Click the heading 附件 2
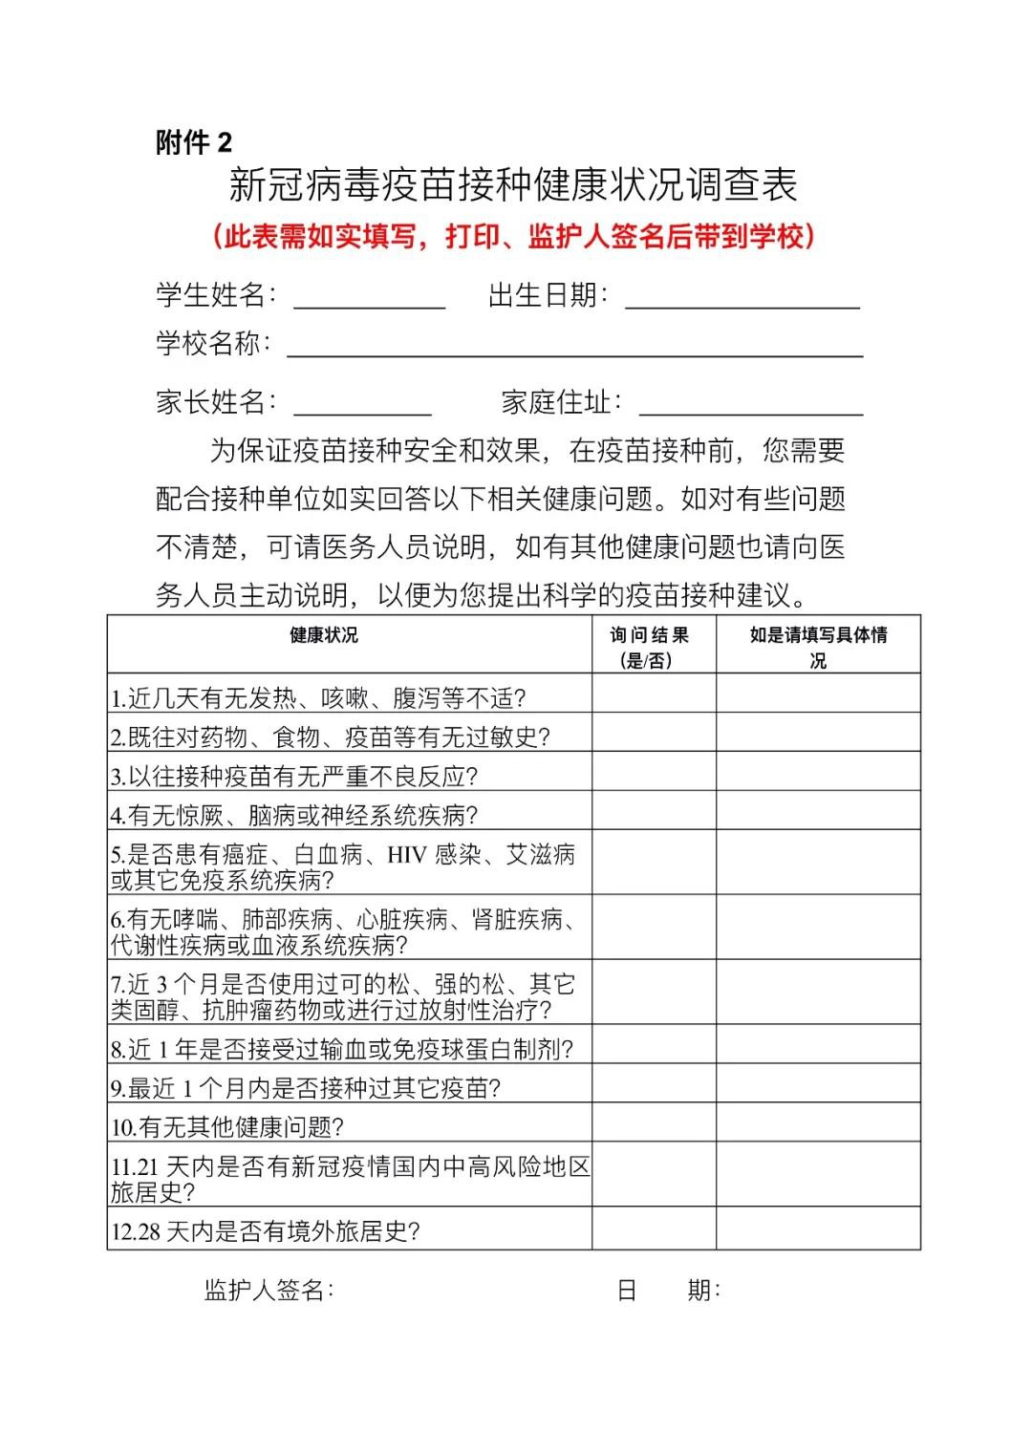coord(194,142)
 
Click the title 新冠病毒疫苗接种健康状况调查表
coord(513,185)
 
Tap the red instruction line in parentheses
coord(513,236)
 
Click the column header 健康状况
coord(324,635)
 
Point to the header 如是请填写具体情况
coord(818,647)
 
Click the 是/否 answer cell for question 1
coord(654,694)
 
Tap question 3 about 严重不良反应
coord(294,776)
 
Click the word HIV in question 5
coord(406,854)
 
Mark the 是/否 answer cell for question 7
coord(654,992)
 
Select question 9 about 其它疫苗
coord(306,1087)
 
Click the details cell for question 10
coord(818,1122)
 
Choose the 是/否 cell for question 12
coord(654,1228)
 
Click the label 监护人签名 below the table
coord(269,1290)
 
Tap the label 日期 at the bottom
coord(668,1290)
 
